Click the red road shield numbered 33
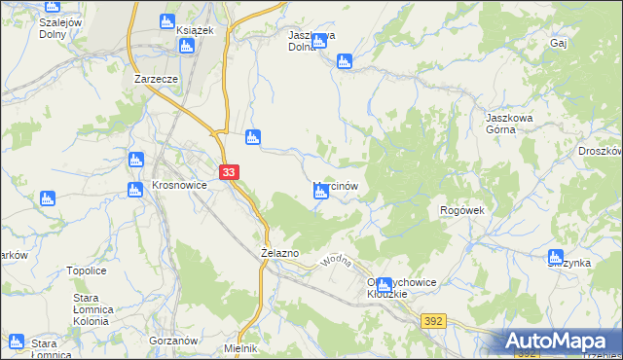pyautogui.click(x=228, y=172)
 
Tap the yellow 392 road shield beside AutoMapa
pyautogui.click(x=433, y=320)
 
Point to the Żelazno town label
pyautogui.click(x=280, y=253)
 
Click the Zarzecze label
pyautogui.click(x=156, y=80)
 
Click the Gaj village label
pyautogui.click(x=558, y=44)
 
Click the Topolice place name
pyautogui.click(x=86, y=271)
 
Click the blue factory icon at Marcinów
pyautogui.click(x=320, y=194)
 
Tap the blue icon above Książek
pyautogui.click(x=167, y=21)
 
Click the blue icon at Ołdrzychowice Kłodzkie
pyautogui.click(x=385, y=286)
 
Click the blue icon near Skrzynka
pyautogui.click(x=556, y=258)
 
